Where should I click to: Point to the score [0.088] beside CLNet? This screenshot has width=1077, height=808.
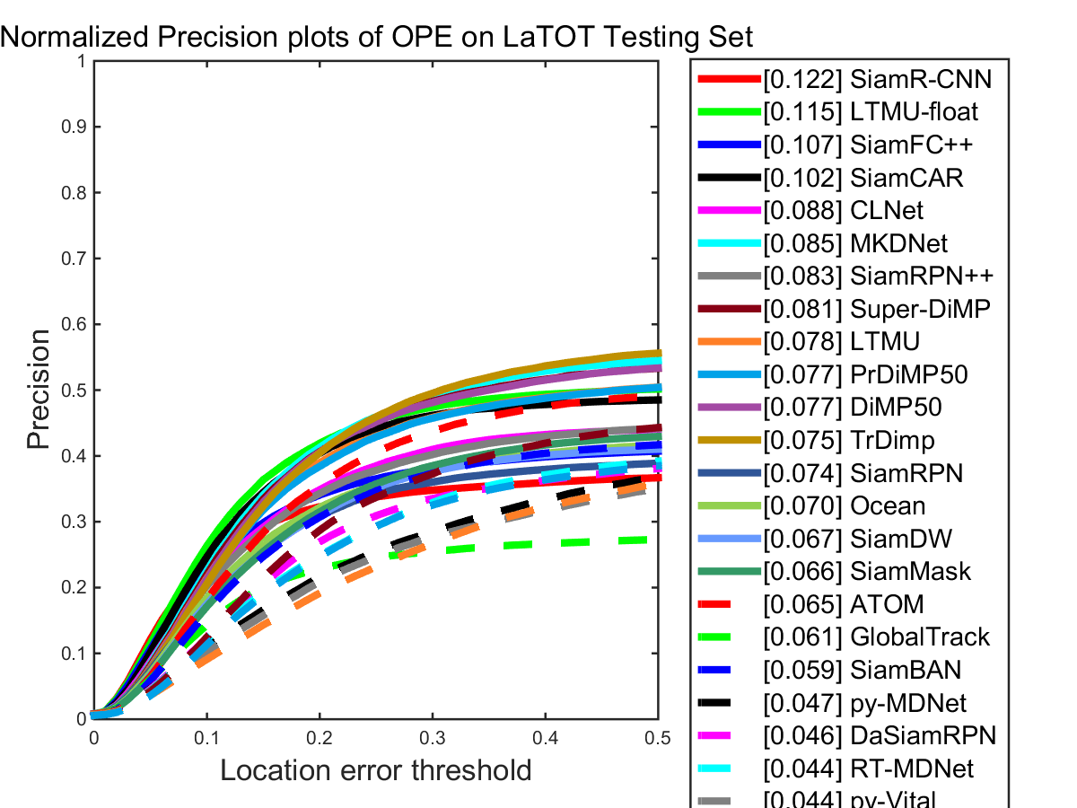(802, 211)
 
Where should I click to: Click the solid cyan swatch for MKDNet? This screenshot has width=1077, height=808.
(728, 243)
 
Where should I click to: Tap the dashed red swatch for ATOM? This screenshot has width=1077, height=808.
(728, 604)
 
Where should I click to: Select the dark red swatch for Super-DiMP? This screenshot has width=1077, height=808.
(728, 309)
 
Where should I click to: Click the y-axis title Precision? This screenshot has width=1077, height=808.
(39, 390)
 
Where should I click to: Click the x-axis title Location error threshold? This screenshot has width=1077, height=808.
(376, 770)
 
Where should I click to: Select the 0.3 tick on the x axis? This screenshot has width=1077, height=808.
(433, 736)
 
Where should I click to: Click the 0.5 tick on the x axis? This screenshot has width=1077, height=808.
(658, 736)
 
